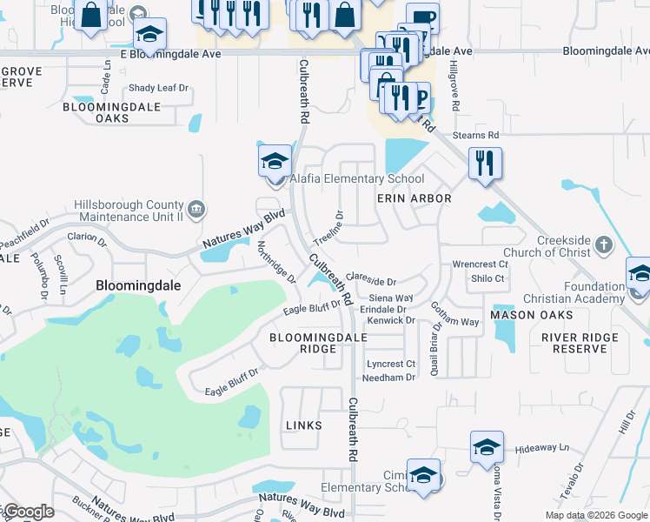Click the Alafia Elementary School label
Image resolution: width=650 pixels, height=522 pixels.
coord(357,179)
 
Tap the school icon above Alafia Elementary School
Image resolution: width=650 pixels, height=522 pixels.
coord(275,162)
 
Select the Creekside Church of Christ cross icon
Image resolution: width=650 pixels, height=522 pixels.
coord(605,244)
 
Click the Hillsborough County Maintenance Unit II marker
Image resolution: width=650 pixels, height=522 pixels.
coord(196,209)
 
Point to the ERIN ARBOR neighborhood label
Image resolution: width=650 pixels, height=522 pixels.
coord(414,198)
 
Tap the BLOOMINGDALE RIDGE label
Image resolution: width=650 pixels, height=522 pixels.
coord(302,343)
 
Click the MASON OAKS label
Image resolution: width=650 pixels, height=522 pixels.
coord(532,314)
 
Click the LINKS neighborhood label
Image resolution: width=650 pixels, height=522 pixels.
coord(302,425)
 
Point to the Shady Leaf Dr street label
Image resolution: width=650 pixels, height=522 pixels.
coord(158,88)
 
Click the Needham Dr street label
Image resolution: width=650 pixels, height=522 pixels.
coord(389,378)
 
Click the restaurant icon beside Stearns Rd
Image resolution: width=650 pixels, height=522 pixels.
coord(485,163)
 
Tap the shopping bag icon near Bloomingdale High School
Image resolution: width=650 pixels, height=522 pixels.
coord(90,14)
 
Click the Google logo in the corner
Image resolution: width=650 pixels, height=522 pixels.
coord(28,512)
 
